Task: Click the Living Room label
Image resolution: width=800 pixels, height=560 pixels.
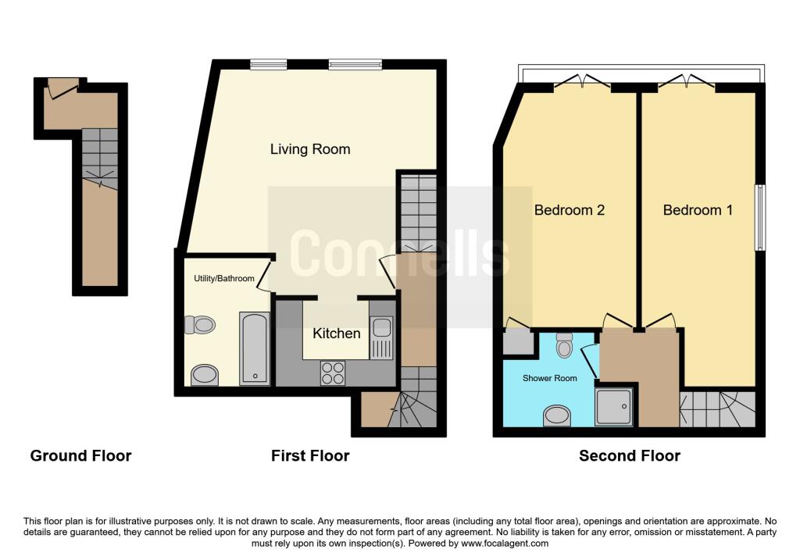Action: (x=310, y=148)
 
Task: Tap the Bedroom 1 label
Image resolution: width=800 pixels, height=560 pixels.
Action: (x=698, y=209)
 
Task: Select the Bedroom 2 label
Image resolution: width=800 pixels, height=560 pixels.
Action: (x=570, y=209)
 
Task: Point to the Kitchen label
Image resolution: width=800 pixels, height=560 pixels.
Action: (x=337, y=334)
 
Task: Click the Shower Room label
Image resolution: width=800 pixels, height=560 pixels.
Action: (x=550, y=378)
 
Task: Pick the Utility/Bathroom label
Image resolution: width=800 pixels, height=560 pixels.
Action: (x=224, y=278)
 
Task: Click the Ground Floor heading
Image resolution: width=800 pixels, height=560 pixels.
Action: (x=80, y=455)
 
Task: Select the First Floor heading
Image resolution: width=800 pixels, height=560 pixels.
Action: (x=310, y=455)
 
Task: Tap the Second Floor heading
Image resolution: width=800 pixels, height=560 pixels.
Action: (x=630, y=455)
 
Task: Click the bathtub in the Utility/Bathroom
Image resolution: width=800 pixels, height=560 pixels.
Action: (x=255, y=348)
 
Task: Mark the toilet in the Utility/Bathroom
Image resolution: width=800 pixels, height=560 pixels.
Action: (x=200, y=325)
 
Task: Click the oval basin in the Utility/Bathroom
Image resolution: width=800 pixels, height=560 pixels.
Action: (x=205, y=375)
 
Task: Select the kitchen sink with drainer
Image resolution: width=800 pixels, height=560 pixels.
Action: (x=381, y=338)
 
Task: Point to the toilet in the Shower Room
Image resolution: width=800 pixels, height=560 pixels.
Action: (x=565, y=343)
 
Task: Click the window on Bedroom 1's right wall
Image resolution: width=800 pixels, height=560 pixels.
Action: (x=759, y=217)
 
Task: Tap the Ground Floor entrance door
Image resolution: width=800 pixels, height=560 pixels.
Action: (x=62, y=87)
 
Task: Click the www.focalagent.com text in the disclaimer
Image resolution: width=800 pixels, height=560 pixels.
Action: (x=505, y=544)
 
